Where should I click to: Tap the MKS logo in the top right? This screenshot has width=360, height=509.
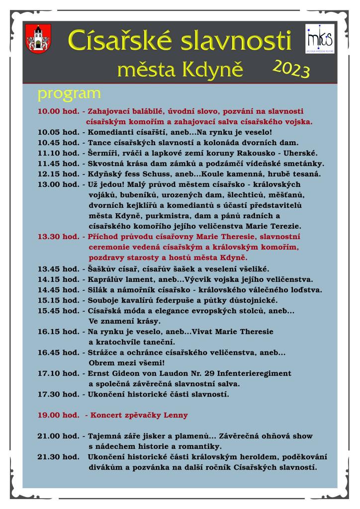pyautogui.click(x=320, y=40)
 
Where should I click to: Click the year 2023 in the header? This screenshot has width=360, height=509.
pyautogui.click(x=291, y=69)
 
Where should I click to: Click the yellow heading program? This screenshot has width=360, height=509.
pyautogui.click(x=69, y=93)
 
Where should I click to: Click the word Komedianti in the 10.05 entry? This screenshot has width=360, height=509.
pyautogui.click(x=110, y=132)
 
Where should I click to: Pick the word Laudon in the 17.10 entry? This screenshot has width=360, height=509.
pyautogui.click(x=178, y=373)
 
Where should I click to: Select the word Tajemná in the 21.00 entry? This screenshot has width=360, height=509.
pyautogui.click(x=106, y=436)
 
